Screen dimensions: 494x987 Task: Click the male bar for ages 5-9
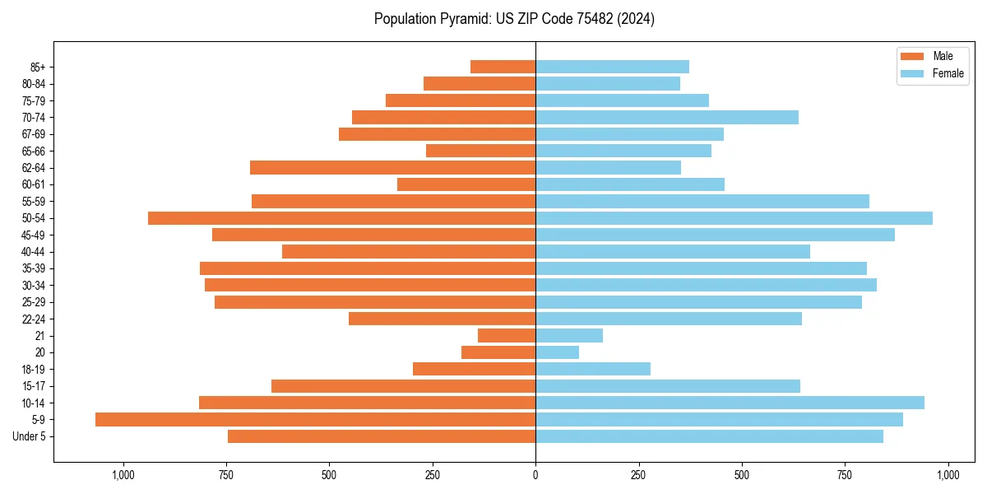pyautogui.click(x=315, y=420)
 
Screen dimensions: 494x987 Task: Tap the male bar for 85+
pyautogui.click(x=503, y=67)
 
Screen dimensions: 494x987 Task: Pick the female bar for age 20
pyautogui.click(x=557, y=352)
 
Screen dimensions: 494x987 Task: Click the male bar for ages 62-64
pyautogui.click(x=392, y=168)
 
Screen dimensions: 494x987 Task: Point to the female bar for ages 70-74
pyautogui.click(x=667, y=118)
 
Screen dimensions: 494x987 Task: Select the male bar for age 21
pyautogui.click(x=507, y=336)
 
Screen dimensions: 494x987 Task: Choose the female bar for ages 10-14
pyautogui.click(x=730, y=403)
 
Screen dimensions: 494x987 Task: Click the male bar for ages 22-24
pyautogui.click(x=442, y=319)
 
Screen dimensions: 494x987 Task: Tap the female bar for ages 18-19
pyautogui.click(x=593, y=369)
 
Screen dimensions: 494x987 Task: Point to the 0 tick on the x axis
pyautogui.click(x=535, y=475)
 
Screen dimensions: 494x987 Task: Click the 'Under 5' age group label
pyautogui.click(x=29, y=436)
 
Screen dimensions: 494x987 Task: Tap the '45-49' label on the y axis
pyautogui.click(x=34, y=235)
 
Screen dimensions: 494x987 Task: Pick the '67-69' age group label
pyautogui.click(x=34, y=134)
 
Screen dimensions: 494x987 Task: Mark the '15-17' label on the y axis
pyautogui.click(x=34, y=386)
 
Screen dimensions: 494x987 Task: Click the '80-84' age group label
pyautogui.click(x=34, y=84)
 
